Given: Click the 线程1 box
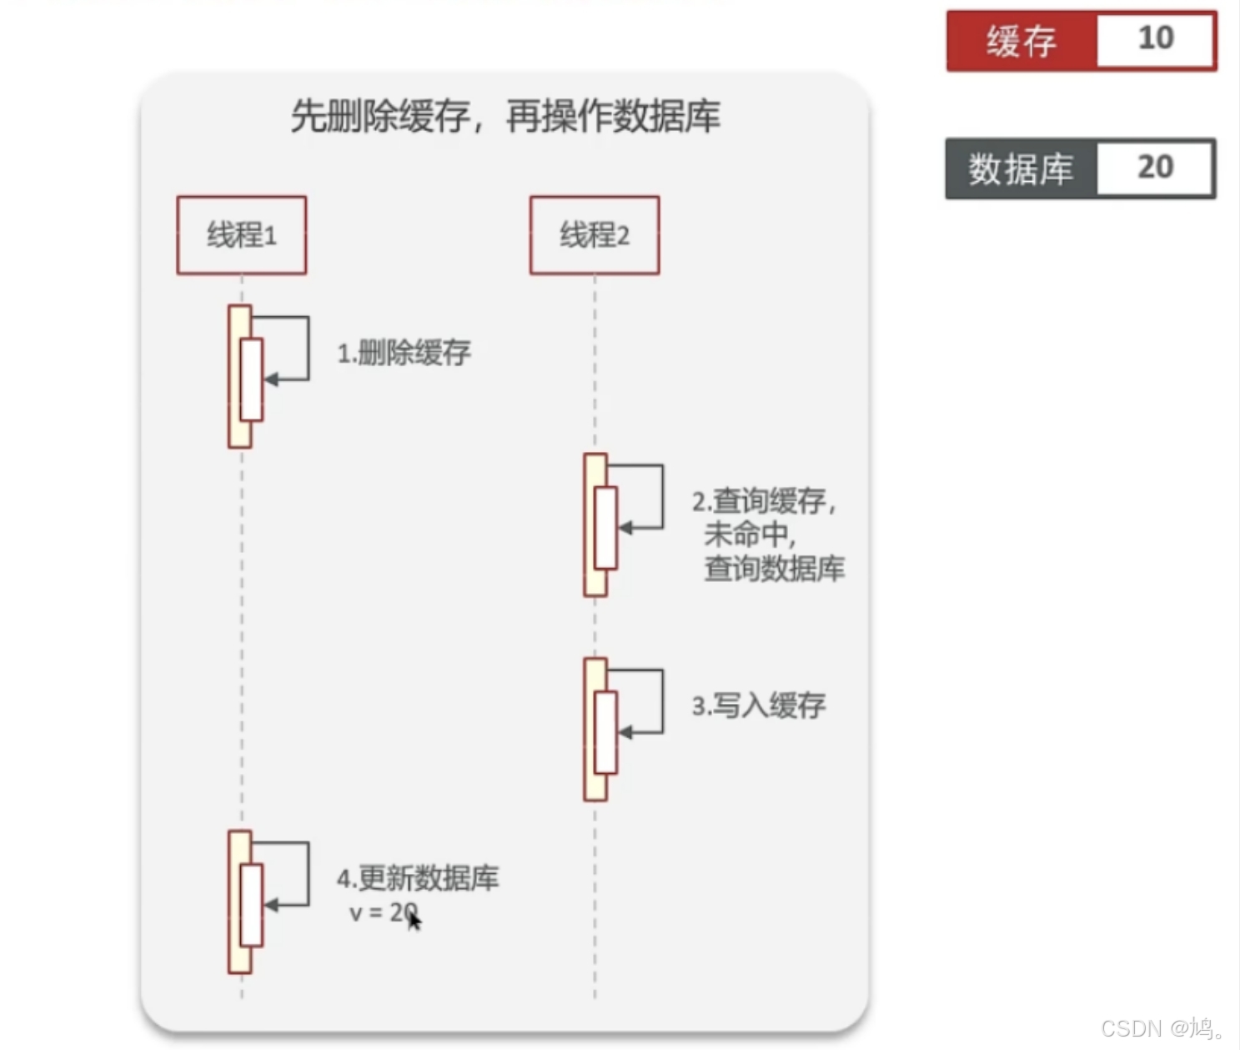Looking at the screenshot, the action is [x=241, y=235].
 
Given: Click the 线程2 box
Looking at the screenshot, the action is [x=595, y=235].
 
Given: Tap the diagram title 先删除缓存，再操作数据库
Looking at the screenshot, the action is [x=505, y=116].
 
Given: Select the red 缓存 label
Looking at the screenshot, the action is [x=1022, y=41].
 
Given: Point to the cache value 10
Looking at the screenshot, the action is [x=1156, y=38].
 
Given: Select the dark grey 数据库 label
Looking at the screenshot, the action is [x=1021, y=169].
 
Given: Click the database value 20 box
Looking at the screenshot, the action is [x=1155, y=168].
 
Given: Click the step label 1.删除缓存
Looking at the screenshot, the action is [x=404, y=353].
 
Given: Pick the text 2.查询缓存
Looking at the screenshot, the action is [x=763, y=501].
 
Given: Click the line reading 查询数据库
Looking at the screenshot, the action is [x=774, y=569].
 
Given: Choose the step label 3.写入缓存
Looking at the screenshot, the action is [x=759, y=706].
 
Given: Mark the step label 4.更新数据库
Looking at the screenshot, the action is [x=418, y=878].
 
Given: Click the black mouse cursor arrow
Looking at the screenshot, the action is [x=414, y=920].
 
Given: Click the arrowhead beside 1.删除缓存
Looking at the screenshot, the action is [x=271, y=379].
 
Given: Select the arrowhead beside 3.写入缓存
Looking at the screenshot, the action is [x=625, y=732].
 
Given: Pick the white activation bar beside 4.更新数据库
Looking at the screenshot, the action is [x=251, y=905].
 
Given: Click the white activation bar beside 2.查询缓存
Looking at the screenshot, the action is [x=605, y=527].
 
